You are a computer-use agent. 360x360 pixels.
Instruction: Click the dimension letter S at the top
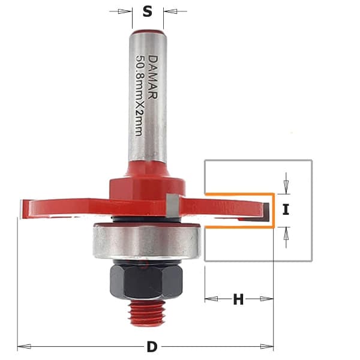click(x=148, y=11)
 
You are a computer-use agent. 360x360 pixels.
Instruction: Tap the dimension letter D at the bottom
click(x=152, y=347)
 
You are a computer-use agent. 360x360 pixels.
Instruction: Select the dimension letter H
click(x=238, y=299)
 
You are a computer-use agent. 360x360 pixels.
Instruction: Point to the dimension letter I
click(x=286, y=209)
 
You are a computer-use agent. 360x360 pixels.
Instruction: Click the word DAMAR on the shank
click(x=152, y=77)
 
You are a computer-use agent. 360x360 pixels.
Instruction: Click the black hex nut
click(x=146, y=281)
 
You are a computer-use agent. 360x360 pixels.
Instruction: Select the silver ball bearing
click(x=147, y=242)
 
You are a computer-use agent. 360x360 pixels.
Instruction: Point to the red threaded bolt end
click(x=146, y=312)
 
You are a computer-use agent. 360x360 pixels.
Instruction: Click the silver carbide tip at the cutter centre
click(x=172, y=205)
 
